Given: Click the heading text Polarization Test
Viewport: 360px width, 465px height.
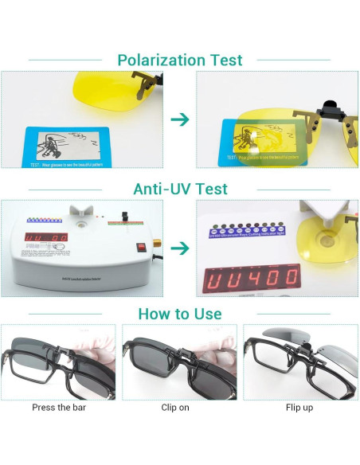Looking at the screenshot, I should point(180,60).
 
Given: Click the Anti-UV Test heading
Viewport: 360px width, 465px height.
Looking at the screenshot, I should point(180,189).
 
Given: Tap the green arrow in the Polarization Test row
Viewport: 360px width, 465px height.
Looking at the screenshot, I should point(181,119).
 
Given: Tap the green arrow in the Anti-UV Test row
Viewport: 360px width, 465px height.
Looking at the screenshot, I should point(181,248).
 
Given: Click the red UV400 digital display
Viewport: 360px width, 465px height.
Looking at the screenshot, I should point(251,275).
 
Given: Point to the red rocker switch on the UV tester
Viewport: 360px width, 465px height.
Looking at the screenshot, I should point(143,247).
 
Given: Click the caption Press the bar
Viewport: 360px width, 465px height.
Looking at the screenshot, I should point(58,408).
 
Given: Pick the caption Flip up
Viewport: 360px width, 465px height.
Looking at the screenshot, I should point(300,408).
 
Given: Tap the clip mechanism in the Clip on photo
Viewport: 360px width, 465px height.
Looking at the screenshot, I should point(182,346).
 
